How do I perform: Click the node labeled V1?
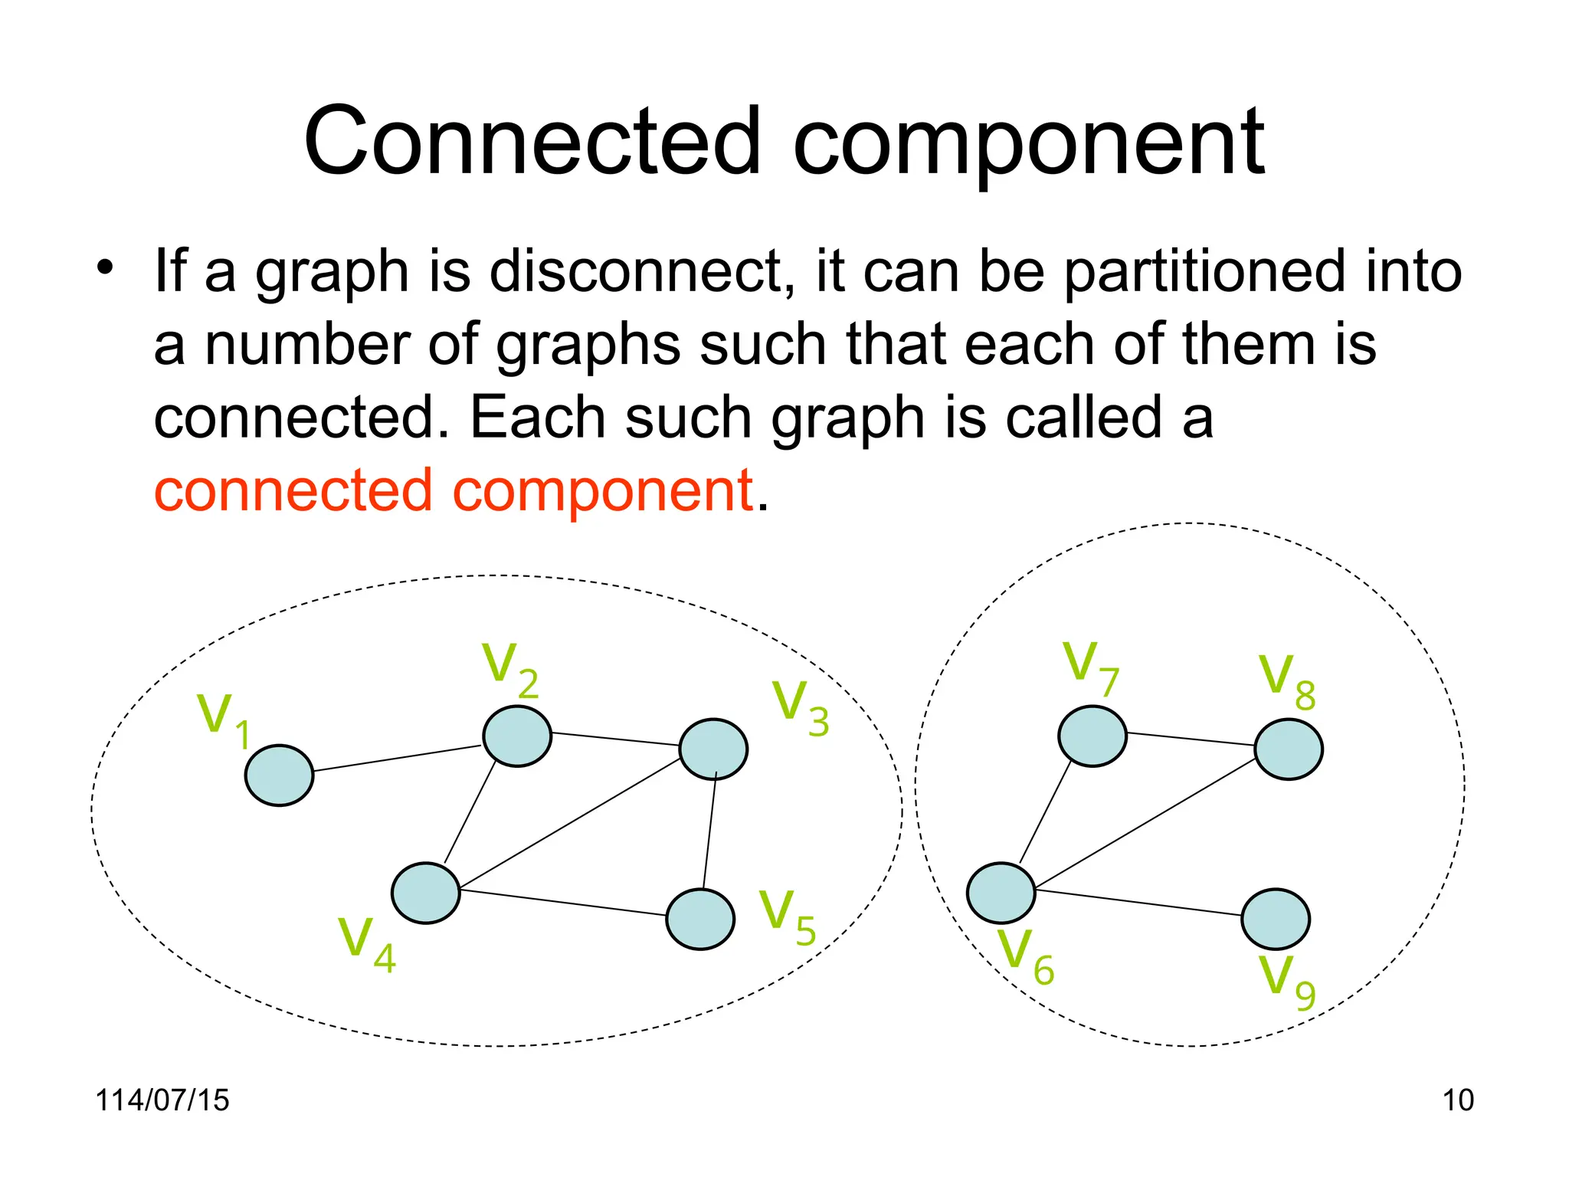click(x=279, y=775)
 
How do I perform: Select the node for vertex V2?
click(x=517, y=736)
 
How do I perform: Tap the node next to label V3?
click(x=713, y=749)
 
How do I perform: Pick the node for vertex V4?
click(x=425, y=893)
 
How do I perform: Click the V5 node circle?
click(x=700, y=919)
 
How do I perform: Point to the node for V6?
click(x=1001, y=893)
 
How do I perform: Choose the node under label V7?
click(x=1092, y=736)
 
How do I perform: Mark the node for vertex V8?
click(x=1288, y=749)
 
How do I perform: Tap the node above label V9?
click(x=1275, y=919)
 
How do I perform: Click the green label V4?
click(x=366, y=944)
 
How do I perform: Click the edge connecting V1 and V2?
click(x=398, y=758)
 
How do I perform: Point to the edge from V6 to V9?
click(x=1138, y=903)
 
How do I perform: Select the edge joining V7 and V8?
click(x=1190, y=739)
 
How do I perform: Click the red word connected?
click(x=293, y=490)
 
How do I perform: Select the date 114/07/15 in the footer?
click(x=162, y=1100)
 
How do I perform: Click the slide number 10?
click(x=1457, y=1100)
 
